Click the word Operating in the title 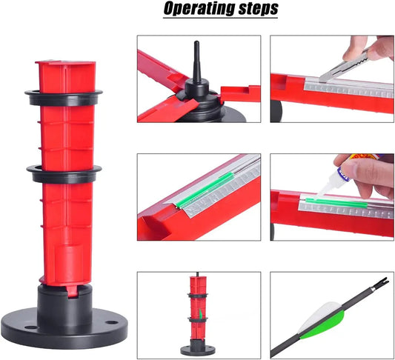tap(199, 8)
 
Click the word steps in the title tap(258, 9)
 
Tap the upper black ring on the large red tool tap(64, 98)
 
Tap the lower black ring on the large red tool tap(64, 174)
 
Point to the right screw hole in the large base tap(112, 322)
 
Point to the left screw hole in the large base tap(31, 327)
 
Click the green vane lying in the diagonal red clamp tap(204, 190)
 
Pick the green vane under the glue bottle tap(336, 203)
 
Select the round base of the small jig tap(198, 350)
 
